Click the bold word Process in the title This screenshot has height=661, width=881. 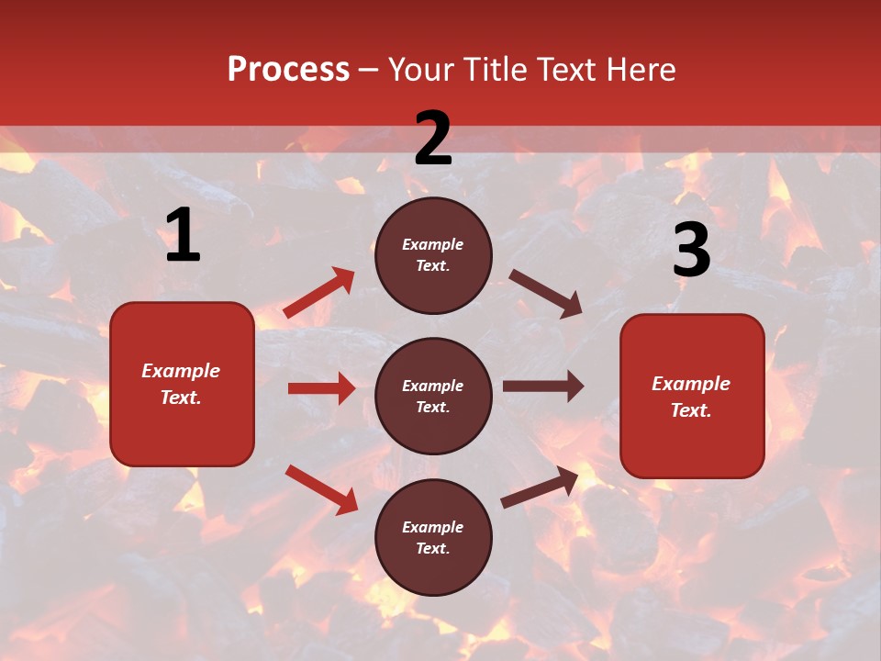click(288, 70)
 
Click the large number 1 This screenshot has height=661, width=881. click(183, 236)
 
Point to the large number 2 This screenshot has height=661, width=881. click(433, 139)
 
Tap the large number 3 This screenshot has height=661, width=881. click(691, 251)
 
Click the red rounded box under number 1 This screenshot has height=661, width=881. click(182, 384)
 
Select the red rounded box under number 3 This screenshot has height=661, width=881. click(692, 396)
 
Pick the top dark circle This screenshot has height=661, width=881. click(433, 255)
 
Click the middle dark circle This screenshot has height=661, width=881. click(433, 396)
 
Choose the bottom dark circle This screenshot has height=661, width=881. click(433, 537)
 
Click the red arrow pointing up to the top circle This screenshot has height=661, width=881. click(319, 293)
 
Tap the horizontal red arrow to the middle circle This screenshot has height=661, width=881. click(321, 388)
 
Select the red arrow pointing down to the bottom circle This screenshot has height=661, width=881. click(321, 488)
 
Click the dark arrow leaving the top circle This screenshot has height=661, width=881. click(545, 293)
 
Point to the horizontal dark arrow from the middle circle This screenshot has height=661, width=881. click(542, 387)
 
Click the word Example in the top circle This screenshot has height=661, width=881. click(433, 245)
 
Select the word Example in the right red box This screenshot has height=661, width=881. click(691, 384)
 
